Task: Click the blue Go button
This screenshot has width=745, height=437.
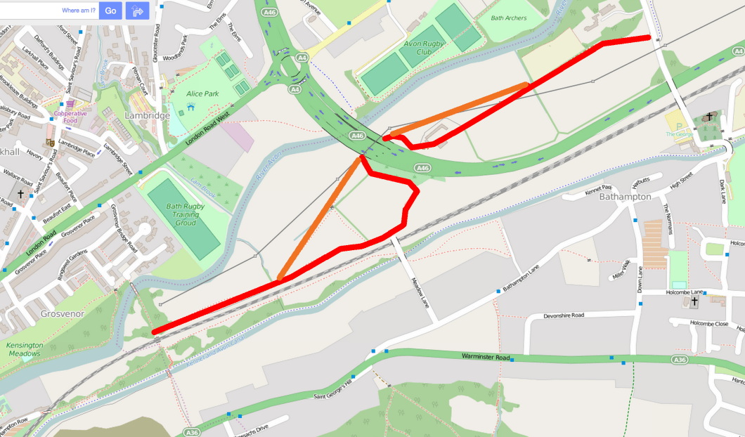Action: coord(110,11)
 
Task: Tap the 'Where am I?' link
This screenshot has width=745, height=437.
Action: coord(79,11)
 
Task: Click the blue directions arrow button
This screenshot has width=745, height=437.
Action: coord(137,11)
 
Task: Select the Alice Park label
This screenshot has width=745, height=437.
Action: coord(203,93)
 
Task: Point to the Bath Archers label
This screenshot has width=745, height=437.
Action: coord(509,18)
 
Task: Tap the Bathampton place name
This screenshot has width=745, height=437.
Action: coord(625,197)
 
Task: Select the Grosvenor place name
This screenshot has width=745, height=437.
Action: coord(63,313)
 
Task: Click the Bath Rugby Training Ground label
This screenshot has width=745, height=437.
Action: coord(186,214)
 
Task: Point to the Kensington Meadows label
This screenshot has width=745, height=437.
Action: coord(25,349)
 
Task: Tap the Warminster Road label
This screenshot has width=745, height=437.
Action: coord(486,356)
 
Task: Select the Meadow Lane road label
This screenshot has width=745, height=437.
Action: coord(420,291)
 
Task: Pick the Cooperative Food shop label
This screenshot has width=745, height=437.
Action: coord(70,117)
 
